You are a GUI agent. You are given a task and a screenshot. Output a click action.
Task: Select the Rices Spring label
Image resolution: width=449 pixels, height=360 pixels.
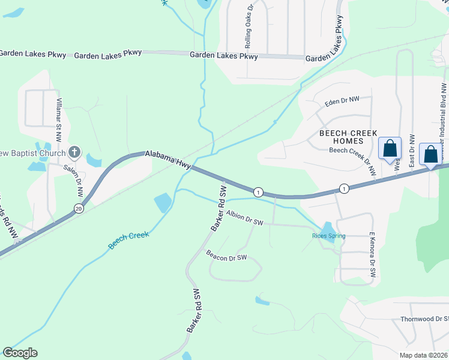pos(328,236)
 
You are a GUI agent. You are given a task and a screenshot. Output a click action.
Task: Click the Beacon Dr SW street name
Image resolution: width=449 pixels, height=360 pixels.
pos(226,256)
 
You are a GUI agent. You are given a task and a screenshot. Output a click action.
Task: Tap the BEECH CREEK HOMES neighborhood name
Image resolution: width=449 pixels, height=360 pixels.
pos(348,137)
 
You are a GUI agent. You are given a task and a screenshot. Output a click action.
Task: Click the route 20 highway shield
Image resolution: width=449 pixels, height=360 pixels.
pos(79,208)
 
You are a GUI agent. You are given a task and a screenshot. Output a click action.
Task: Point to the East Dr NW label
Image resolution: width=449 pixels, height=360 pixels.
pos(412,151)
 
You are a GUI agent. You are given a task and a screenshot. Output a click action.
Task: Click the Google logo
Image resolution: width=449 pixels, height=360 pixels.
pos(20,353)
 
